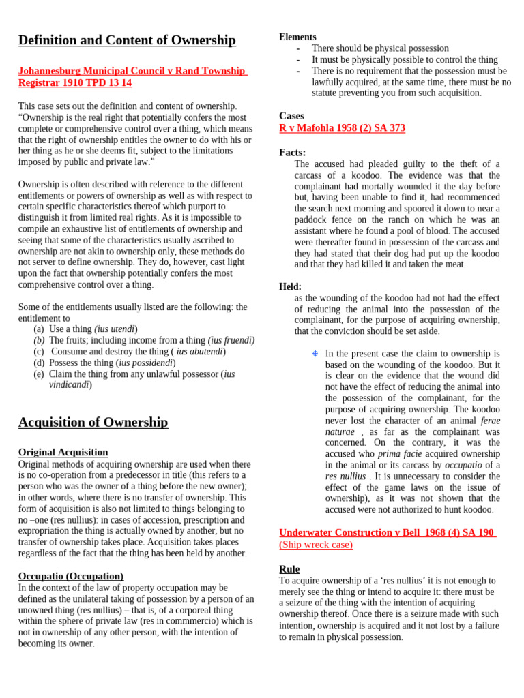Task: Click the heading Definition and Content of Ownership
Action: (x=127, y=40)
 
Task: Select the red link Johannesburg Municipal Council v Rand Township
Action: (x=132, y=71)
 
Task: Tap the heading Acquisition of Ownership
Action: (x=93, y=422)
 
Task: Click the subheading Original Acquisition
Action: (x=63, y=452)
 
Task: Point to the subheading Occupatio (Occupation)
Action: (x=71, y=576)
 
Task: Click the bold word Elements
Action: (x=297, y=37)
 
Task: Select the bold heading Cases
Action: (x=291, y=116)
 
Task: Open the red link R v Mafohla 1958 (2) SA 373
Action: (x=342, y=128)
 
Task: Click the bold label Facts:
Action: (x=292, y=153)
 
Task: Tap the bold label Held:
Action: (x=290, y=287)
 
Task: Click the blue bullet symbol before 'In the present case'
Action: (x=315, y=354)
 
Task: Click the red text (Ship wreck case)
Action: (x=316, y=545)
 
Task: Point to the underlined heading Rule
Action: (x=289, y=569)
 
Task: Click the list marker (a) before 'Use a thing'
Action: (x=39, y=329)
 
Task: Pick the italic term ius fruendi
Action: (x=231, y=340)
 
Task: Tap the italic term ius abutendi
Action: (x=199, y=352)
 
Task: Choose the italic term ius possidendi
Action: (x=145, y=363)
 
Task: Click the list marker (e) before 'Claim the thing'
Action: (x=39, y=374)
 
